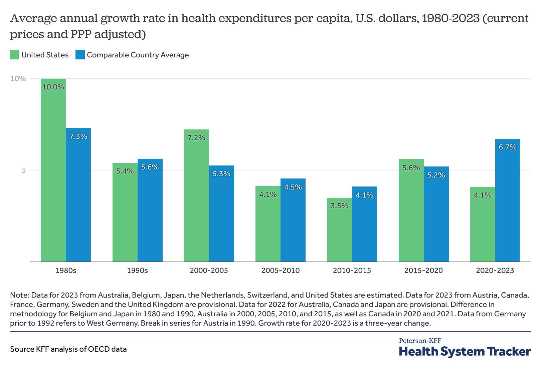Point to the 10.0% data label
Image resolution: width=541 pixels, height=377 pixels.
(x=53, y=87)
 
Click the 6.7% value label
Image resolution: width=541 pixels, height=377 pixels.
(x=508, y=147)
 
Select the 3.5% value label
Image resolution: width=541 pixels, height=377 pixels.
(x=339, y=206)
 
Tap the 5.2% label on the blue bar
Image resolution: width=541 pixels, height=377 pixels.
(x=436, y=175)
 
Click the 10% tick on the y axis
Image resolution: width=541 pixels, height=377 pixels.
(x=18, y=79)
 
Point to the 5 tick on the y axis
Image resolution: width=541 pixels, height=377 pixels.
(x=23, y=170)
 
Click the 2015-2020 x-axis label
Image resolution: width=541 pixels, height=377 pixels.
(x=423, y=271)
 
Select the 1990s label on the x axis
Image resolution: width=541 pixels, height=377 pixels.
(x=137, y=271)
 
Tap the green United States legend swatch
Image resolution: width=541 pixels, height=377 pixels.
(x=15, y=55)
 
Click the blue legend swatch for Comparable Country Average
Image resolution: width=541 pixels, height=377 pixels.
(x=80, y=55)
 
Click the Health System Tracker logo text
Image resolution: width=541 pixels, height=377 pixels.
(x=465, y=351)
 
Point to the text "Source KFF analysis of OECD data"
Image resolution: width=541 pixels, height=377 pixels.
(x=68, y=349)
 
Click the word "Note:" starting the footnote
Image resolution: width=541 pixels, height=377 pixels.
(x=20, y=295)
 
